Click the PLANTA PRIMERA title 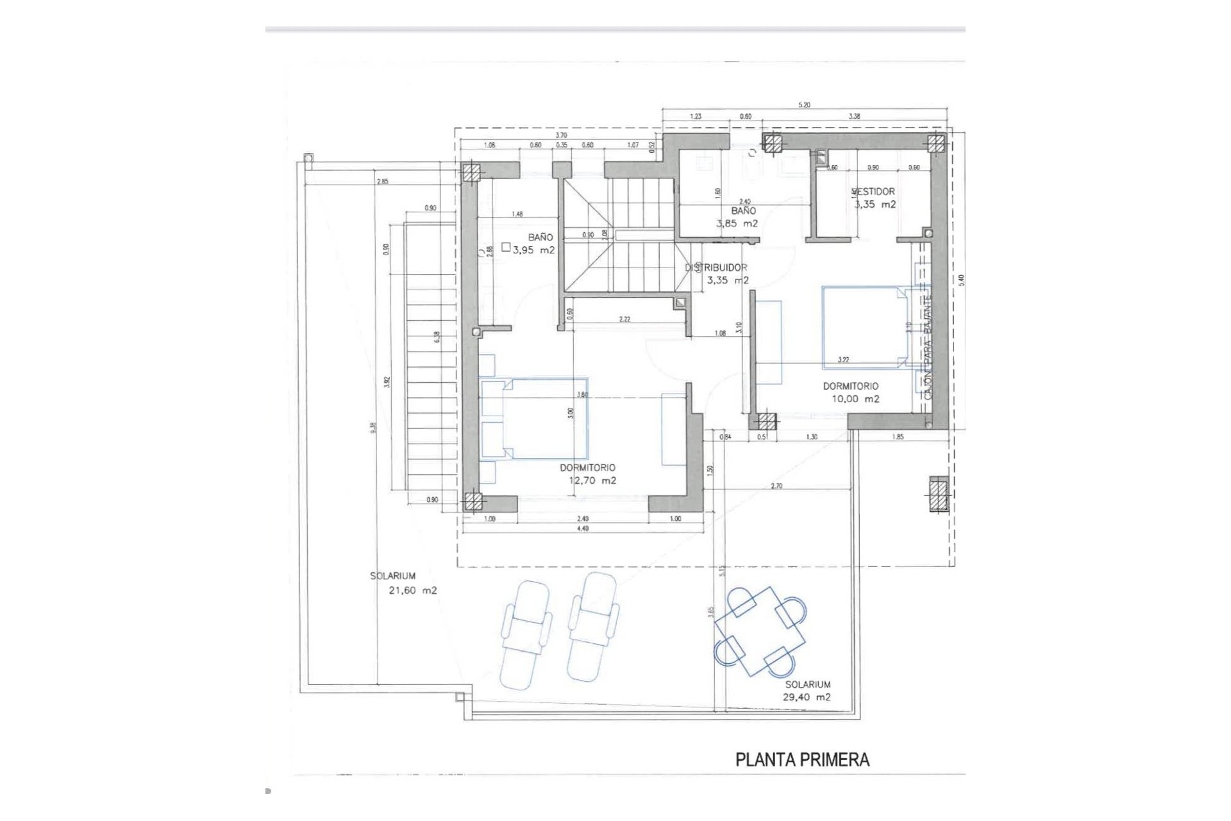point(802,760)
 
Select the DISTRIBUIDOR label point(716,267)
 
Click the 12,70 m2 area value point(592,480)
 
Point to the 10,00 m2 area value point(855,399)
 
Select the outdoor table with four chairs point(760,632)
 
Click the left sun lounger point(525,635)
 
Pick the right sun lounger point(593,627)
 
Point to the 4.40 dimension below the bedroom point(582,529)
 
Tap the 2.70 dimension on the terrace point(776,486)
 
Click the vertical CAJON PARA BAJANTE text point(927,346)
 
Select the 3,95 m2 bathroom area point(533,250)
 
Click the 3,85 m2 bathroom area point(737,224)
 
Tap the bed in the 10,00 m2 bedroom point(866,327)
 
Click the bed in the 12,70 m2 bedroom point(533,418)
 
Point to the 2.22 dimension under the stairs point(624,319)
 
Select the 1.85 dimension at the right point(898,437)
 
